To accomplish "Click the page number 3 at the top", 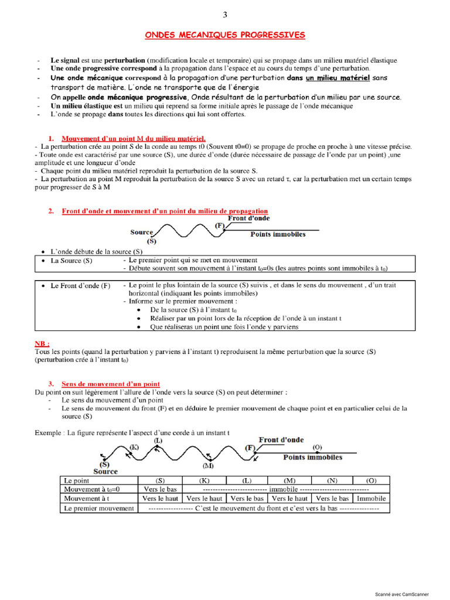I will (225, 15).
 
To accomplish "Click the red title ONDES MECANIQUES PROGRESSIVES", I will (225, 35).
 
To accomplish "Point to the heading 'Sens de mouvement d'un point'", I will (110, 384).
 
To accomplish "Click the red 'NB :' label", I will (42, 343).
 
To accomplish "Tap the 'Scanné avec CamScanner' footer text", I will (410, 594).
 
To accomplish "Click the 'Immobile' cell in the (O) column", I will (371, 499).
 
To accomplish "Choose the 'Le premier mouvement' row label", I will (98, 508).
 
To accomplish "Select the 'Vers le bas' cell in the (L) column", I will (246, 499).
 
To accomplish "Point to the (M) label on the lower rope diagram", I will (208, 466).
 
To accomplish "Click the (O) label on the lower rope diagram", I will (317, 448).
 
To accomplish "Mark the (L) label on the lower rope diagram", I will (158, 439).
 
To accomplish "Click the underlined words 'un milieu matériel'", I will (337, 77).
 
